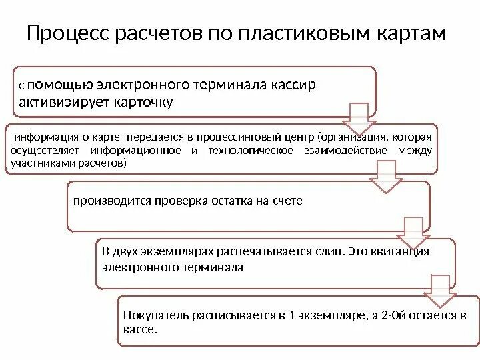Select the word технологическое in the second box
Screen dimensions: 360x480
[x=250, y=150]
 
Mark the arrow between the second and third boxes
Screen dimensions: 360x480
[x=387, y=176]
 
